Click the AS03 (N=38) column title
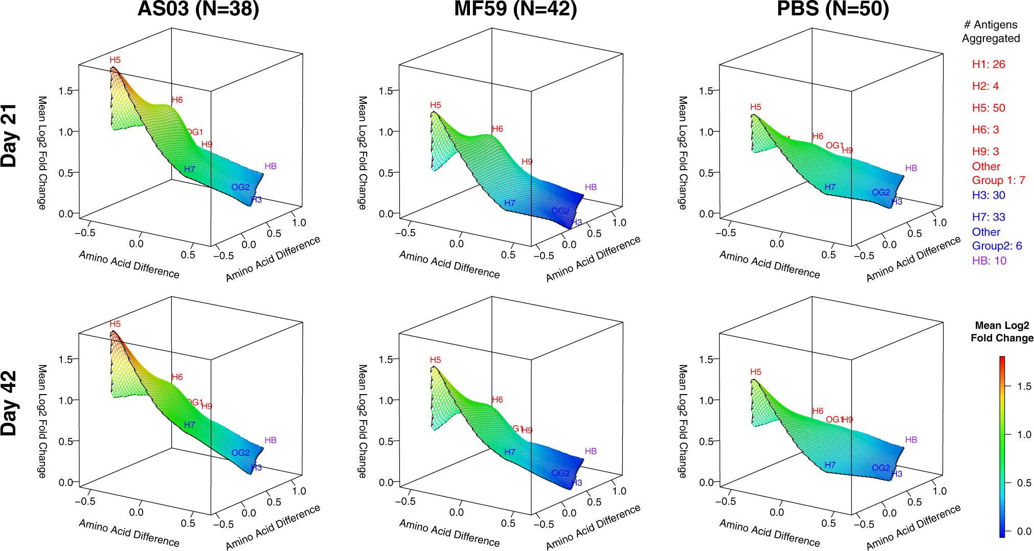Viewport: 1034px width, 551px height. coord(198,9)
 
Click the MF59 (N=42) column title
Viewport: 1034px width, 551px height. coord(515,9)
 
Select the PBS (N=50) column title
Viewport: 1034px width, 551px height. coord(833,9)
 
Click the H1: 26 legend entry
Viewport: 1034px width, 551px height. coord(988,64)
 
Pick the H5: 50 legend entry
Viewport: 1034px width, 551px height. coord(988,108)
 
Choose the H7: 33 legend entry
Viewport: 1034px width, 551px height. coord(988,217)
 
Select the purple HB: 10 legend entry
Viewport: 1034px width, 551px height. coord(988,261)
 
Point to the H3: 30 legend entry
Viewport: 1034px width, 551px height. coord(988,195)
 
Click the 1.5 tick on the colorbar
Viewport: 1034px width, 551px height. coord(1024,386)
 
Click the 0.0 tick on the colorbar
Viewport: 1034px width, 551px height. coord(1024,532)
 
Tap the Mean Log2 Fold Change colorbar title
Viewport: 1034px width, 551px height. coord(1001,332)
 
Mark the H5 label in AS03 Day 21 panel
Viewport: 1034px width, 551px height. coord(115,60)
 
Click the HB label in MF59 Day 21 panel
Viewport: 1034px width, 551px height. coord(591,187)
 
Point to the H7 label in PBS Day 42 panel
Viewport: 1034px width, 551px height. coord(829,465)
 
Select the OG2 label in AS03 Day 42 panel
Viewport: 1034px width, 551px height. coord(240,453)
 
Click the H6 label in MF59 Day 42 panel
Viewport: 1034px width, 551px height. coord(497,400)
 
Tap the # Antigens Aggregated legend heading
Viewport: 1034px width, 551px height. coord(991,31)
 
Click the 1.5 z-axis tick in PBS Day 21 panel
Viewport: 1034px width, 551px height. coord(706,91)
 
